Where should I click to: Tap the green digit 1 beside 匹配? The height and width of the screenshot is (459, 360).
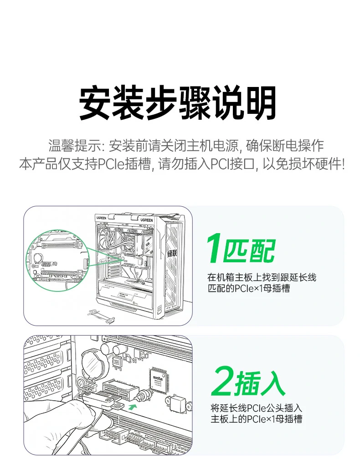click(x=215, y=250)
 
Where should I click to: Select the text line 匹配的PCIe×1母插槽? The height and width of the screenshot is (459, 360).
click(x=248, y=288)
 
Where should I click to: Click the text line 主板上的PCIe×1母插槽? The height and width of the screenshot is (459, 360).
click(x=256, y=419)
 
